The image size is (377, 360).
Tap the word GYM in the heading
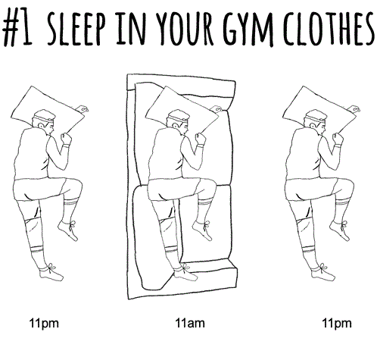pyautogui.click(x=248, y=28)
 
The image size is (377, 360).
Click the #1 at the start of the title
pyautogui.click(x=17, y=27)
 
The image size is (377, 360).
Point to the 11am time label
pyautogui.click(x=190, y=323)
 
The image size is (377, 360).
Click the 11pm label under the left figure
pyautogui.click(x=44, y=324)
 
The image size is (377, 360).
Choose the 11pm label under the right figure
pyautogui.click(x=337, y=324)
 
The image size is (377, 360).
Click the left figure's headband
pyautogui.click(x=44, y=119)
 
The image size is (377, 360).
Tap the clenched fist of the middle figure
pyautogui.click(x=201, y=139)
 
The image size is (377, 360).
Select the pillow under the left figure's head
pyautogui.click(x=47, y=108)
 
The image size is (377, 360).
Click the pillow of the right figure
pyautogui.click(x=319, y=108)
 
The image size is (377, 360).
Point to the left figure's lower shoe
pyautogui.click(x=51, y=274)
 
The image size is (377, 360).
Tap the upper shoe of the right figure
pyautogui.click(x=340, y=230)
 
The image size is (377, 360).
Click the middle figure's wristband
pyautogui.click(x=201, y=146)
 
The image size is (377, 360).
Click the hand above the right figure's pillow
pyautogui.click(x=354, y=109)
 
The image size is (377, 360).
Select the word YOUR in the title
pyautogui.click(x=185, y=28)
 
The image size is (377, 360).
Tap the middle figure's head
pyautogui.click(x=179, y=121)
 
